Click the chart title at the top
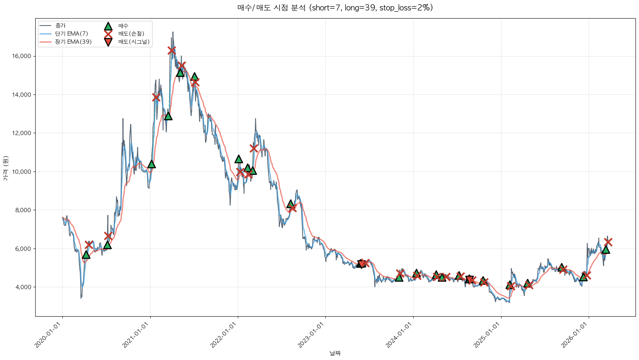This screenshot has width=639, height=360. [x=335, y=8]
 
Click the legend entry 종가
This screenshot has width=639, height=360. [x=60, y=26]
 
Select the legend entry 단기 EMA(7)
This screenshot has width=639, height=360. [x=71, y=34]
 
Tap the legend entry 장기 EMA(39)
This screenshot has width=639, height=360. [x=73, y=42]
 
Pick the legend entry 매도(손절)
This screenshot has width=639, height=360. [x=131, y=34]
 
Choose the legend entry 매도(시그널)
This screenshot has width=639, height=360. [x=134, y=42]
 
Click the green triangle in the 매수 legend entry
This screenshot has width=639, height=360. [x=108, y=26]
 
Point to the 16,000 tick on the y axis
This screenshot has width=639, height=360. [x=22, y=56]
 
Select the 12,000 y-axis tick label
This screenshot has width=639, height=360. [x=22, y=133]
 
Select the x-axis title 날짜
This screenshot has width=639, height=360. [x=335, y=353]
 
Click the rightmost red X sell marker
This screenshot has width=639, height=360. [x=608, y=242]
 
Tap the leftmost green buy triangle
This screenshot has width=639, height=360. [x=86, y=254]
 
